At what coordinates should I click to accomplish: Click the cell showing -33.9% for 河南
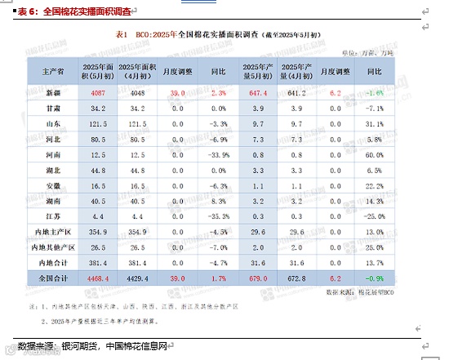click(x=217, y=154)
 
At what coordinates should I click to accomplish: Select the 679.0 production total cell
click(x=257, y=278)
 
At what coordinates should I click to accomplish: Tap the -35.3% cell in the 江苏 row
click(x=217, y=216)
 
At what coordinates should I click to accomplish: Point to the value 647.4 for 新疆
click(x=257, y=93)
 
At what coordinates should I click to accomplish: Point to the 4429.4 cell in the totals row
click(x=137, y=278)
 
